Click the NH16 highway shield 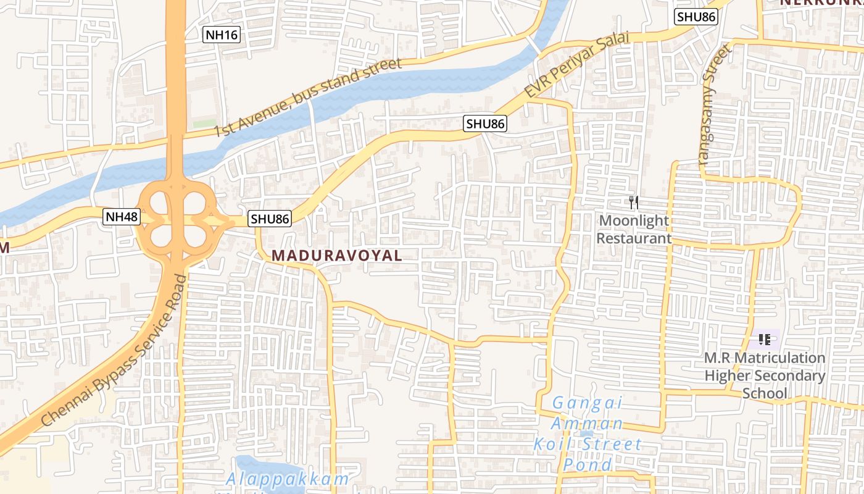tap(222, 35)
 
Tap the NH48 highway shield tap(121, 217)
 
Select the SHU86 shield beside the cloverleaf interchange tap(270, 219)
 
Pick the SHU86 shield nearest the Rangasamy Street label tap(696, 17)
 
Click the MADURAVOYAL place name tap(337, 255)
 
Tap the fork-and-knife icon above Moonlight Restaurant tap(633, 202)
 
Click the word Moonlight tap(634, 220)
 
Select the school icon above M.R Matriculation tap(765, 339)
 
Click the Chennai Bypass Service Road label tap(115, 351)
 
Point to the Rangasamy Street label tap(715, 102)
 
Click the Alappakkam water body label tap(287, 479)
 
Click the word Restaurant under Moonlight tap(634, 238)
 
